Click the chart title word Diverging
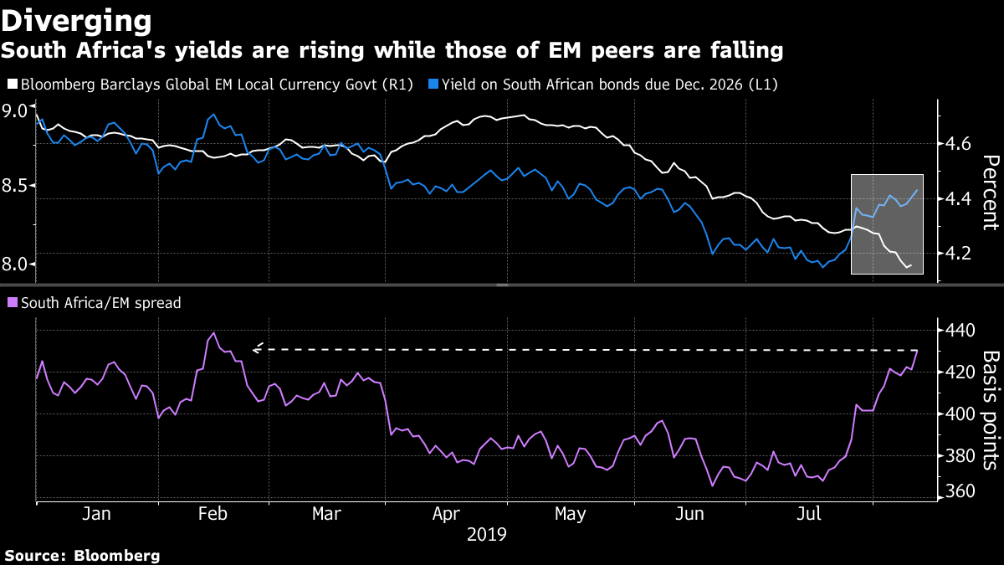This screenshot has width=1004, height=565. pos(76,19)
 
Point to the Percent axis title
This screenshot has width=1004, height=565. pos(990,193)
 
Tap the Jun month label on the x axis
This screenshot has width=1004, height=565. pos(690,513)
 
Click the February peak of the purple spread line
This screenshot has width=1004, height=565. pos(213,333)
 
